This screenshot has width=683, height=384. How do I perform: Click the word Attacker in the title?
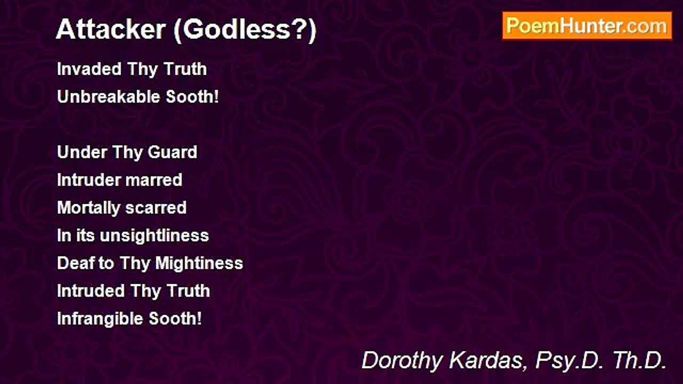(110, 30)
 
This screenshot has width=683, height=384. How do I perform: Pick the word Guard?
(172, 153)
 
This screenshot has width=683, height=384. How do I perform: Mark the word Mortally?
(89, 208)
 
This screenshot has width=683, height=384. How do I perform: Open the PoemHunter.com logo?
(587, 26)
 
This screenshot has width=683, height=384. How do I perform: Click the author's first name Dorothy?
(403, 361)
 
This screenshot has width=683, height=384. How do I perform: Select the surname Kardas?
(488, 361)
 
